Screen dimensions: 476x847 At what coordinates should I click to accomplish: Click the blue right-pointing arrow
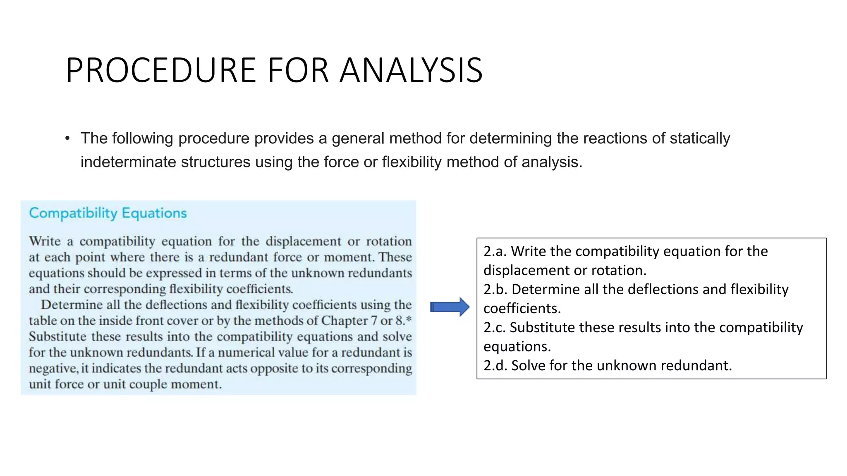(x=450, y=307)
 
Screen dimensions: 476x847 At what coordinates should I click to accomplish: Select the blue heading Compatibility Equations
(x=108, y=213)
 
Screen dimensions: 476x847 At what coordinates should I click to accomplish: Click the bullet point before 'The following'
(x=67, y=138)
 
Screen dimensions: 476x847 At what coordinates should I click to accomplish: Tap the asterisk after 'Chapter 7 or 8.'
(x=409, y=318)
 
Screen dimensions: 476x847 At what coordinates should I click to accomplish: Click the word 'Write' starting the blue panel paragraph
(x=45, y=241)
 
